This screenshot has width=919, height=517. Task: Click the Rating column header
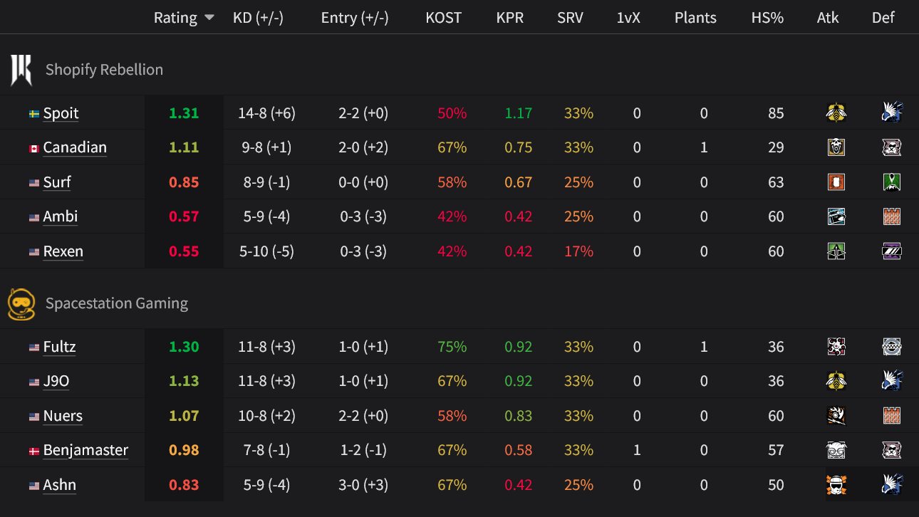tap(175, 18)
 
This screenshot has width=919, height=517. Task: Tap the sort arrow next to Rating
tap(209, 18)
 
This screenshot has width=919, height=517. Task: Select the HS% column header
tap(767, 18)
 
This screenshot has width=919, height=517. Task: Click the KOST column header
tap(443, 18)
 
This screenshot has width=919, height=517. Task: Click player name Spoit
tap(61, 113)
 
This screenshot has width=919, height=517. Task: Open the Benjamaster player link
tap(85, 450)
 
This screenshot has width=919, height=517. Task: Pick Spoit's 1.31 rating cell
tap(184, 113)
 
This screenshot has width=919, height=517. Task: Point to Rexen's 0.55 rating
tap(184, 251)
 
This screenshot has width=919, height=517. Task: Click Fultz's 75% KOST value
tap(452, 347)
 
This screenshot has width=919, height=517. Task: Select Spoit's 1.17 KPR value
tap(518, 113)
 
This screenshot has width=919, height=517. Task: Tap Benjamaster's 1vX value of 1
tap(637, 450)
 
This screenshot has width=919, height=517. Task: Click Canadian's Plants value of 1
tap(704, 147)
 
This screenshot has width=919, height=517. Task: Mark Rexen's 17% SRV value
tap(578, 251)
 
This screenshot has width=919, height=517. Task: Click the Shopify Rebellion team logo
tap(21, 70)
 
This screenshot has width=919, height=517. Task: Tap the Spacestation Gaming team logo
tap(21, 303)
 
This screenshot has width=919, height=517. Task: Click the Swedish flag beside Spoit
tap(33, 114)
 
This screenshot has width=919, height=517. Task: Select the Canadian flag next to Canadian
tap(33, 148)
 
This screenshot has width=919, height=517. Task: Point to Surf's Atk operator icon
tap(836, 182)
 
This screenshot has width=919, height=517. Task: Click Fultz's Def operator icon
tap(891, 347)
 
